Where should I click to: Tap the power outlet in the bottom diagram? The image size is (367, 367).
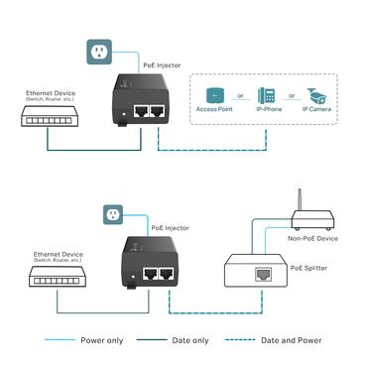coord(111,213)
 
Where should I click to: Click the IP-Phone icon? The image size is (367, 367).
coord(266,96)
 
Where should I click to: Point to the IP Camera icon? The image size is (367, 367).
coord(316,96)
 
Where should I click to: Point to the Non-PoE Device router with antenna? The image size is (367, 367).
coord(309,222)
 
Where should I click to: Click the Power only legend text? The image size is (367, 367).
coord(101,340)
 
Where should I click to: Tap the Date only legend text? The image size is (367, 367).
coord(187,340)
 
